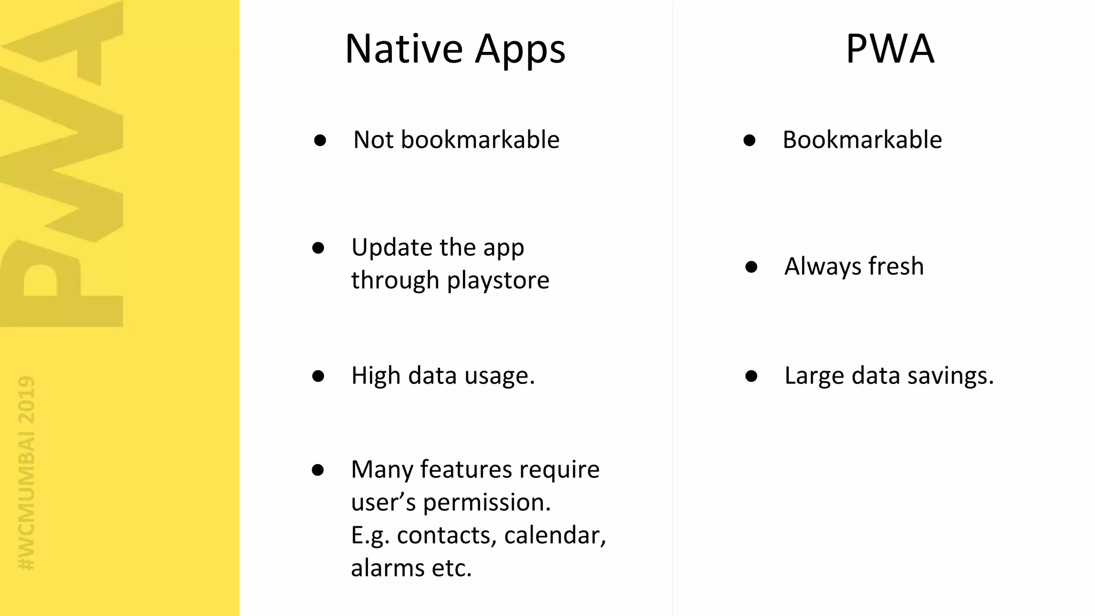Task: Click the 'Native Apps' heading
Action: (x=455, y=49)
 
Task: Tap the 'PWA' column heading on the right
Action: (x=890, y=49)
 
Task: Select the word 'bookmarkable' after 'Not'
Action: (x=480, y=140)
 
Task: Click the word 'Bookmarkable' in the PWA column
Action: (x=862, y=140)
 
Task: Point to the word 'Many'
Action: (x=382, y=469)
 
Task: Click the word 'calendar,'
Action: (x=555, y=536)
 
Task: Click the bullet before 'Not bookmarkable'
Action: (x=320, y=141)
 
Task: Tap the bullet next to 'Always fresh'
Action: (x=751, y=267)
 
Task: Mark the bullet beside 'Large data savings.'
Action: (x=751, y=376)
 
